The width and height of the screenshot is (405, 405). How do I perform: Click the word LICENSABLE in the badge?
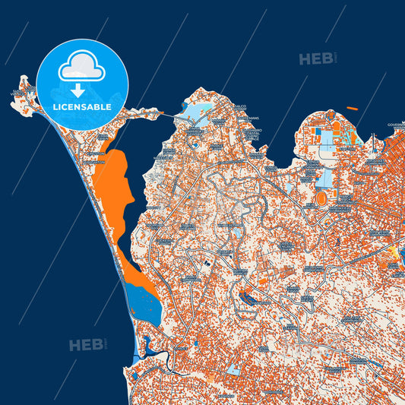pyautogui.click(x=82, y=107)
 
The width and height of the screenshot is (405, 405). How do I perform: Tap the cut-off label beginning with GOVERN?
pyautogui.click(x=396, y=125)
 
